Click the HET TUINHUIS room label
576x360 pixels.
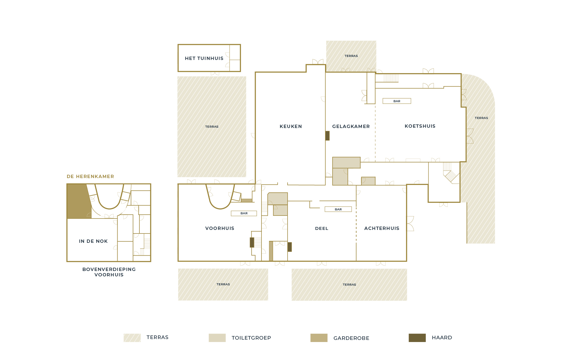(x=204, y=58)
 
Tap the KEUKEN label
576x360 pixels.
(x=291, y=126)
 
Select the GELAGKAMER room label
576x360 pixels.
(x=351, y=126)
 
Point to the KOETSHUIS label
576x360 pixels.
(x=420, y=126)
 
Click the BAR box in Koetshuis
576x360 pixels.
(x=397, y=101)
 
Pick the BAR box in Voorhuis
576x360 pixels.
(x=244, y=213)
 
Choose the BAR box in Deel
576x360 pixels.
(x=338, y=209)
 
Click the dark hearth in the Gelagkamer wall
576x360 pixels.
(x=327, y=136)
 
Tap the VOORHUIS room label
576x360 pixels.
(x=220, y=228)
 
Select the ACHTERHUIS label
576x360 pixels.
(x=382, y=228)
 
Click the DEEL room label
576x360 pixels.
(x=322, y=228)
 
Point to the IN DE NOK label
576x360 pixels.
(x=93, y=241)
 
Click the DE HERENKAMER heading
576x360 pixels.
(x=90, y=177)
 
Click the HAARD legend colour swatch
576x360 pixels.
(x=417, y=338)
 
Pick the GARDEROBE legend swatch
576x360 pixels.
(x=319, y=338)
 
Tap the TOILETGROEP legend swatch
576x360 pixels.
(x=217, y=338)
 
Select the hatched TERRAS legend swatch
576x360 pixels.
(x=132, y=338)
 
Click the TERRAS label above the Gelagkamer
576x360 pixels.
(x=351, y=56)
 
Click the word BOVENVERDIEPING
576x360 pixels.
(x=109, y=269)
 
